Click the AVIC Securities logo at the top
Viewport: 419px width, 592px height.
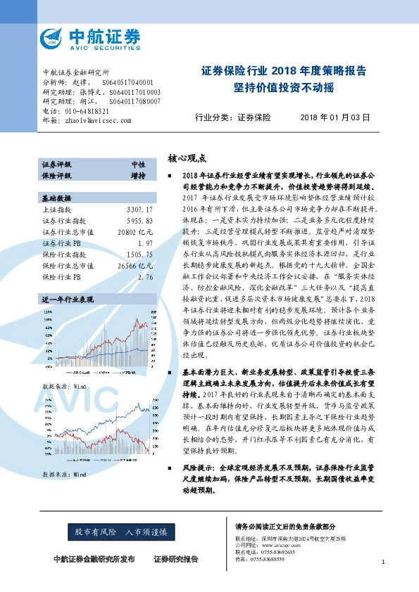pos(91,38)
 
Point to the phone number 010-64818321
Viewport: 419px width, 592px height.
pos(87,111)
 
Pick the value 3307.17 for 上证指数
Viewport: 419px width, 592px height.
pos(139,191)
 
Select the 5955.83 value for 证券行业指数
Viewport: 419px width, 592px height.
pos(139,202)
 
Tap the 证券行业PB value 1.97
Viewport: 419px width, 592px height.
pos(145,224)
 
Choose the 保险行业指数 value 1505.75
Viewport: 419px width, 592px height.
pos(139,236)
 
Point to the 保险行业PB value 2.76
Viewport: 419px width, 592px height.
pos(145,258)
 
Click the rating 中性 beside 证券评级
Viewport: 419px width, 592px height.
pos(139,164)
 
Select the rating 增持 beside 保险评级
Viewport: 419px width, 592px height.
pos(139,174)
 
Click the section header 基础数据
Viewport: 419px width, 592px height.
pos(57,179)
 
